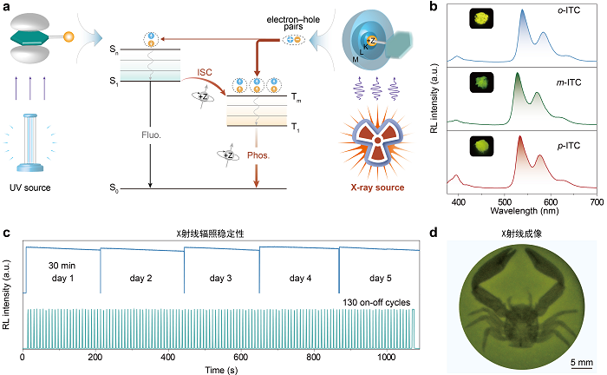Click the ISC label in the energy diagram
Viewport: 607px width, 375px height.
pos(205,72)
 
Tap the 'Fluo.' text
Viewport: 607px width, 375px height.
pos(151,135)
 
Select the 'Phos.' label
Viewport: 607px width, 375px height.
pos(258,155)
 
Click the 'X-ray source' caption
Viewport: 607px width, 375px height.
pos(377,187)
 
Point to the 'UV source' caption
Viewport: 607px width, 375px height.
pos(30,187)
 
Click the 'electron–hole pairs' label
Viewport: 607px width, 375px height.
pos(293,23)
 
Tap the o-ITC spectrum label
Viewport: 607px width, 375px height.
pos(569,10)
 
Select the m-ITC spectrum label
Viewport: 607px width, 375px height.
pos(569,82)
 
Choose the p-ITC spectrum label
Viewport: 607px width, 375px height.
pos(569,146)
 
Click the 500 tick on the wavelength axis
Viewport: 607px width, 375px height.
pos(505,202)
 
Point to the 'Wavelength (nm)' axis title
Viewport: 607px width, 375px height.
pos(525,211)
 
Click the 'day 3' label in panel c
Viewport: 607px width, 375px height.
pos(220,278)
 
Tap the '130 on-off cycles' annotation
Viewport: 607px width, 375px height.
pos(376,303)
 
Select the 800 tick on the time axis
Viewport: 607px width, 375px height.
pos(314,357)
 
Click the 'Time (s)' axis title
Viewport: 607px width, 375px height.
pos(221,370)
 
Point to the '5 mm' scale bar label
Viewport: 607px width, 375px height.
pos(582,362)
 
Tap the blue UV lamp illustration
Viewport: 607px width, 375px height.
pos(30,142)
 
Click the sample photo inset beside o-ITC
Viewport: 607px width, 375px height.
pos(481,18)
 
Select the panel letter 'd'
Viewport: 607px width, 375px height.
pos(434,233)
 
